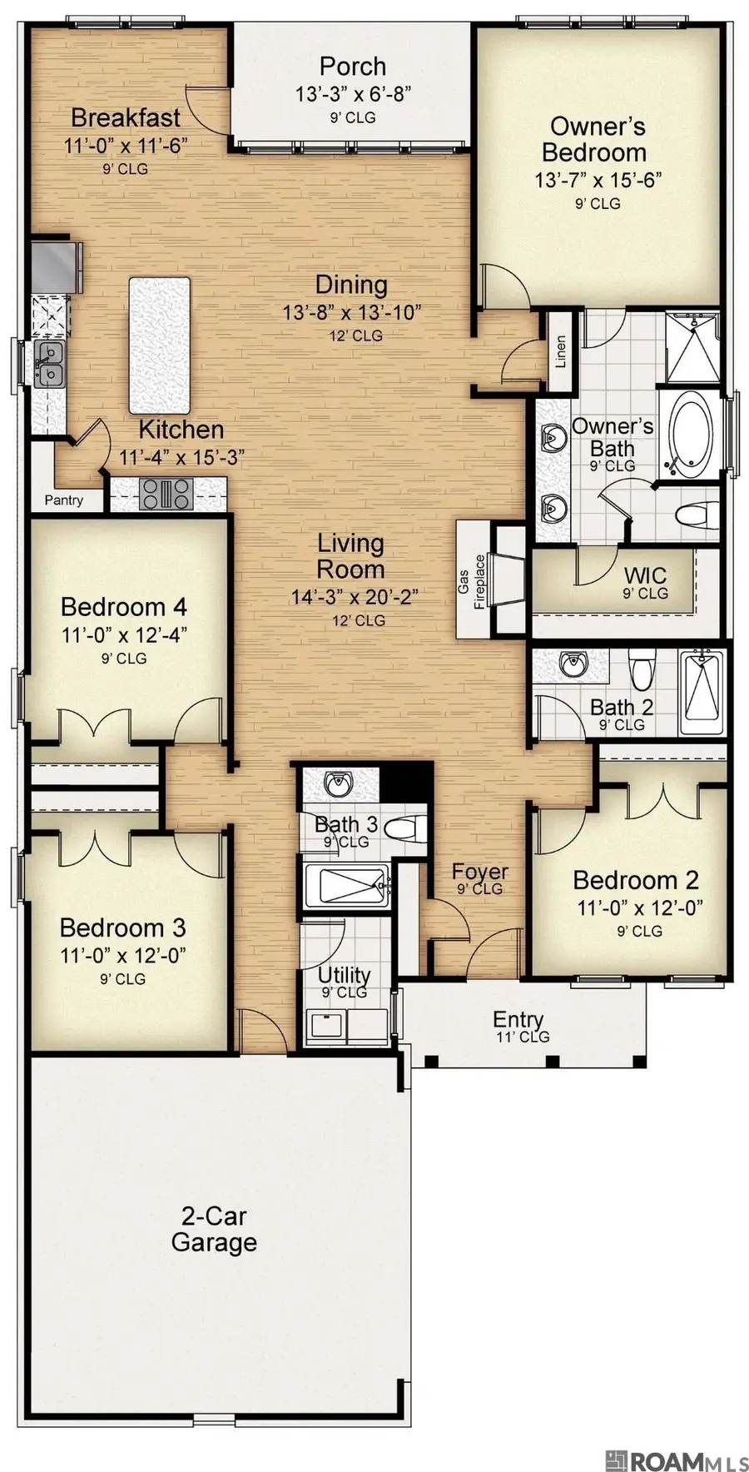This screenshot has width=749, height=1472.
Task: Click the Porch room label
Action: (x=353, y=66)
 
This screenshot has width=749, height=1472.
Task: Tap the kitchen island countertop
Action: (x=159, y=345)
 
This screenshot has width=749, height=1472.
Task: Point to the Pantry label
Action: (x=64, y=500)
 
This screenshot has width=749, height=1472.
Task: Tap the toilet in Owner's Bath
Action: (x=697, y=515)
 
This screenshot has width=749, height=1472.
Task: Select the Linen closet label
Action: (x=561, y=352)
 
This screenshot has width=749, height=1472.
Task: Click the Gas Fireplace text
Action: (x=471, y=582)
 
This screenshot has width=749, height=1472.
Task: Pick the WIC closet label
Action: (x=645, y=575)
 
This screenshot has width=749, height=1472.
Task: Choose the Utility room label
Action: (x=344, y=974)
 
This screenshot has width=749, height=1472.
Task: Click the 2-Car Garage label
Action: (x=214, y=1230)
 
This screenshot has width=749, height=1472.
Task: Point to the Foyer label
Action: (x=479, y=872)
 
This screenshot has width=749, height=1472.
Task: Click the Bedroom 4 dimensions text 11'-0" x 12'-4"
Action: (x=124, y=634)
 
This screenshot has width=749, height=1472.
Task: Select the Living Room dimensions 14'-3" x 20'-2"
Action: (x=353, y=597)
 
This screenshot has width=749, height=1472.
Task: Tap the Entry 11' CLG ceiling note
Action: (x=523, y=1037)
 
